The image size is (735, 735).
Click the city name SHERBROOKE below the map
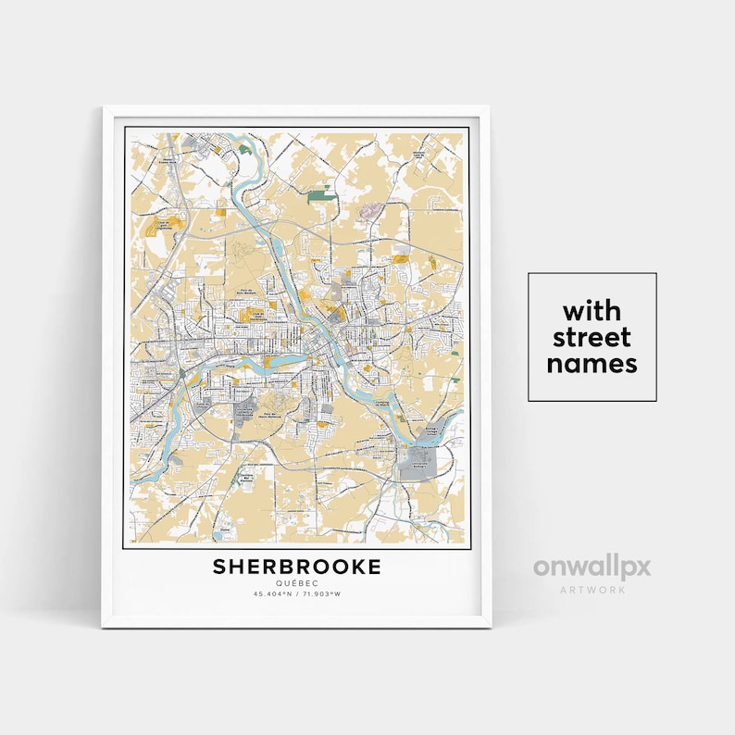(x=296, y=567)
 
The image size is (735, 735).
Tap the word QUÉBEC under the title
(x=296, y=583)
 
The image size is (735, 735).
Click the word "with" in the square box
(x=592, y=309)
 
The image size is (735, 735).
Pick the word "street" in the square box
(x=592, y=336)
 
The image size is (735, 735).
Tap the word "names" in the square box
(x=592, y=364)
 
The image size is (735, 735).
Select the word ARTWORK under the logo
(x=592, y=587)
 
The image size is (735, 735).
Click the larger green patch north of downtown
(x=321, y=194)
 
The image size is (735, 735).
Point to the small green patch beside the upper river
(x=244, y=148)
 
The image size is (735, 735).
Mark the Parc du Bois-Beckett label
(x=245, y=295)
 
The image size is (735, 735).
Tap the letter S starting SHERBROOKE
(x=220, y=567)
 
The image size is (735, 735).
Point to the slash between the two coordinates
(x=297, y=593)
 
